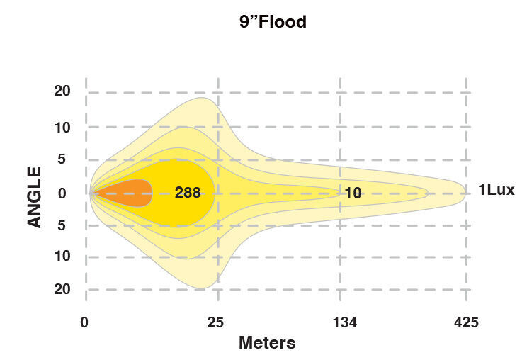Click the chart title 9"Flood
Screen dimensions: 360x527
click(x=273, y=22)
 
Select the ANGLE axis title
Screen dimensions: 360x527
click(x=35, y=196)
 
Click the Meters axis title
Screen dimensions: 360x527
click(x=267, y=343)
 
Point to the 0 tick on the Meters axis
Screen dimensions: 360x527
click(x=84, y=322)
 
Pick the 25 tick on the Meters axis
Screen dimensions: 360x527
click(x=215, y=322)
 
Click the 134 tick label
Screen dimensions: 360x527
click(x=345, y=322)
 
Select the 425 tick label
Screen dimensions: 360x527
click(x=466, y=322)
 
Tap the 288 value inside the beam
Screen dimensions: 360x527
click(x=188, y=192)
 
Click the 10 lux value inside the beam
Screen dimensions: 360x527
click(x=353, y=192)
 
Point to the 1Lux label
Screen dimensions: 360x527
click(x=496, y=189)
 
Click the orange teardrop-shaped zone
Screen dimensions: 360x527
click(x=127, y=192)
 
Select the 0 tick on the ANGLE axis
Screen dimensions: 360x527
click(x=62, y=192)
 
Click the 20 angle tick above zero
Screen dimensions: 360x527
click(x=62, y=91)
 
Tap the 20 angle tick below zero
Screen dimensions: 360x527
click(x=62, y=289)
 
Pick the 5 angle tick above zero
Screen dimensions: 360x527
click(x=62, y=159)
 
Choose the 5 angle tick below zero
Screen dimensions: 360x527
click(x=62, y=225)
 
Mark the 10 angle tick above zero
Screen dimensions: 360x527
click(x=62, y=128)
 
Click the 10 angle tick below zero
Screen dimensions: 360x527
click(x=62, y=256)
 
